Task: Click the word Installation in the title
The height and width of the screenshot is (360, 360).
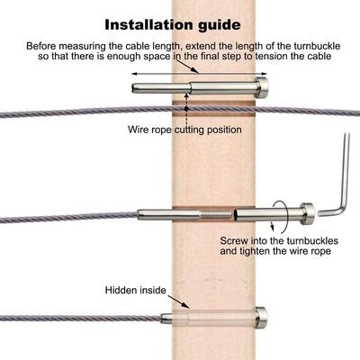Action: (x=149, y=25)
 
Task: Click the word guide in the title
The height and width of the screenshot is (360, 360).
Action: (x=220, y=26)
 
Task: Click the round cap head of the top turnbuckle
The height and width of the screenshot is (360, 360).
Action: (x=262, y=87)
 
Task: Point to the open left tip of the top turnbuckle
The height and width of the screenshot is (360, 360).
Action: (x=134, y=88)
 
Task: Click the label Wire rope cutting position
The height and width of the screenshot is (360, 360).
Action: (x=184, y=130)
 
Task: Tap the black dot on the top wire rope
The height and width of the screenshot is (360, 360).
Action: (x=186, y=108)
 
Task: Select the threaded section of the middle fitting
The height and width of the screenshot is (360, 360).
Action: (x=215, y=214)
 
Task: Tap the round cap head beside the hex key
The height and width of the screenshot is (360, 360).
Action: (x=307, y=213)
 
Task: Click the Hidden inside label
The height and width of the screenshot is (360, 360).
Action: (x=136, y=291)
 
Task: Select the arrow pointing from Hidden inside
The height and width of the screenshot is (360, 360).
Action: (x=178, y=301)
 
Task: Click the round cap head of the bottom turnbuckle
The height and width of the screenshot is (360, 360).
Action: (x=261, y=318)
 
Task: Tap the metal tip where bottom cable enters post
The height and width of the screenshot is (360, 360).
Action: (x=166, y=319)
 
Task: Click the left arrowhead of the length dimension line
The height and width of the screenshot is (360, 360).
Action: (x=134, y=74)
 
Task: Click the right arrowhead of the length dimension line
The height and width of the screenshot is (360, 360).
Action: (x=265, y=74)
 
